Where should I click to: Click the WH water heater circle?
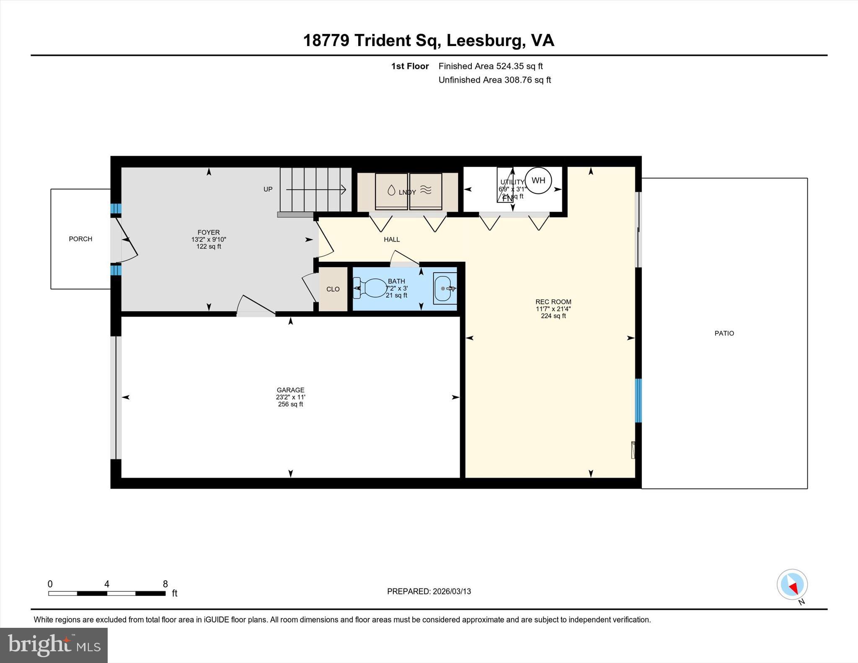pyautogui.click(x=538, y=181)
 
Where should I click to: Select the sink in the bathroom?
pyautogui.click(x=445, y=289)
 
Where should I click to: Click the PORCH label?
pyautogui.click(x=80, y=239)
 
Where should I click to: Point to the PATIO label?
pyautogui.click(x=724, y=333)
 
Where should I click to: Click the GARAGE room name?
pyautogui.click(x=290, y=390)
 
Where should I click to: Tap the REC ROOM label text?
pyautogui.click(x=553, y=302)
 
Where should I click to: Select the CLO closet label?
pyautogui.click(x=333, y=289)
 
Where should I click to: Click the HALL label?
pyautogui.click(x=392, y=240)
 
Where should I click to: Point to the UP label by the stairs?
pyautogui.click(x=268, y=189)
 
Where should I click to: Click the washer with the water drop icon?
pyautogui.click(x=391, y=191)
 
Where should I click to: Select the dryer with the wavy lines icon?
pyautogui.click(x=426, y=191)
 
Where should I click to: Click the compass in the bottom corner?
pyautogui.click(x=792, y=584)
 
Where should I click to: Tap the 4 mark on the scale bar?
pyautogui.click(x=107, y=584)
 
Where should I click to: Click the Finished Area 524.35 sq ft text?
pyautogui.click(x=490, y=66)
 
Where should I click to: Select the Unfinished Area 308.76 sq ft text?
pyautogui.click(x=494, y=80)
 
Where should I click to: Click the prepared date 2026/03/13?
pyautogui.click(x=452, y=591)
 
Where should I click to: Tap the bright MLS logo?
pyautogui.click(x=54, y=645)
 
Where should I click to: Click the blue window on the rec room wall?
pyautogui.click(x=638, y=400)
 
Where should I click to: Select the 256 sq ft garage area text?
pyautogui.click(x=290, y=405)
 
